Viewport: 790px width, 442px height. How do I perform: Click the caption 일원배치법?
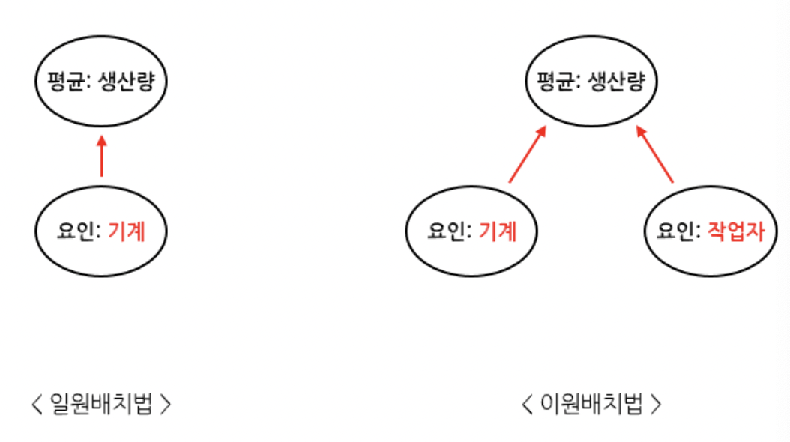coord(101,405)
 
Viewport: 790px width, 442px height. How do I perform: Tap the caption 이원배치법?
coord(592,405)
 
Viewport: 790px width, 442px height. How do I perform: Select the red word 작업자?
coord(735,231)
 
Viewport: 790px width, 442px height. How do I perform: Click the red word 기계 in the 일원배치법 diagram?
coord(126,231)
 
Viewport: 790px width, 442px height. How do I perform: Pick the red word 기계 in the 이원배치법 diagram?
coord(498,231)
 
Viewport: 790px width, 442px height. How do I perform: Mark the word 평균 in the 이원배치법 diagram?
coord(554,81)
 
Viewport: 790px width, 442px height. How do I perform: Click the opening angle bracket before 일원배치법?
coord(37,405)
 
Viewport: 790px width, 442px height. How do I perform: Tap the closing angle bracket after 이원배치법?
coord(656,405)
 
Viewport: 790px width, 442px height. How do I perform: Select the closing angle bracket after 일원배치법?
coord(166,405)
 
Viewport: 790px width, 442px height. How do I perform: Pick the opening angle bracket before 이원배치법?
coord(528,405)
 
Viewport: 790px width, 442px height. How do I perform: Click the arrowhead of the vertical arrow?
coord(102,140)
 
